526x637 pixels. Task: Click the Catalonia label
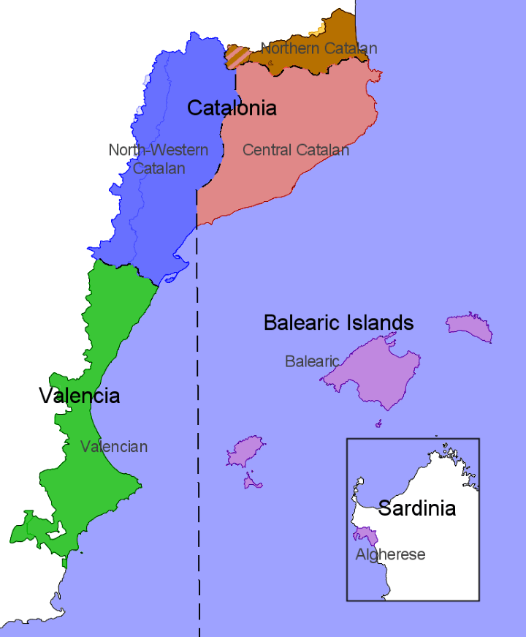tap(232, 108)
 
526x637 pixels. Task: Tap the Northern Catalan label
tap(319, 49)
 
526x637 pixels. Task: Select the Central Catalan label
tap(296, 150)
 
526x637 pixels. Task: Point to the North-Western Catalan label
tap(159, 159)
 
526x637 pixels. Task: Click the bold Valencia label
tap(79, 396)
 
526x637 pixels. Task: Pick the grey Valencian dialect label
tap(114, 446)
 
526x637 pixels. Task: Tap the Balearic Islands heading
tap(338, 323)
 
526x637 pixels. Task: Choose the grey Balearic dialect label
tap(312, 361)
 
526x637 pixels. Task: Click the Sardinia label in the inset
tap(416, 508)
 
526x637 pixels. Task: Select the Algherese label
tap(390, 554)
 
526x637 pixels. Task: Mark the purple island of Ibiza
tap(245, 451)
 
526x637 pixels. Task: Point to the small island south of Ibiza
tap(253, 482)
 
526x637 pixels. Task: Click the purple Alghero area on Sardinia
tap(367, 537)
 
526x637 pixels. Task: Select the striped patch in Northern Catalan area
tap(237, 56)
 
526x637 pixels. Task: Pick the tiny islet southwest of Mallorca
tap(378, 423)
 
